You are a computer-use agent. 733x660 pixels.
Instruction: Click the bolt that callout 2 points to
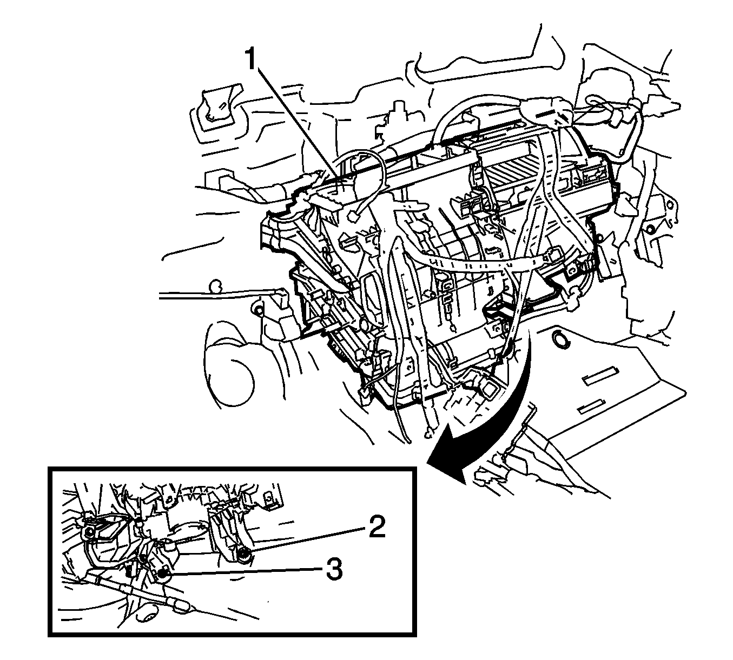pyautogui.click(x=243, y=554)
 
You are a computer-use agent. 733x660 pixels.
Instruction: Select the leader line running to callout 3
pyautogui.click(x=243, y=572)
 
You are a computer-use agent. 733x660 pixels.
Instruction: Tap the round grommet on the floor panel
pyautogui.click(x=558, y=340)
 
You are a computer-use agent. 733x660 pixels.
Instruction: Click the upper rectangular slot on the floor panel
pyautogui.click(x=600, y=377)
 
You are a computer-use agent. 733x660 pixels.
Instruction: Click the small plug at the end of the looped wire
pyautogui.click(x=355, y=218)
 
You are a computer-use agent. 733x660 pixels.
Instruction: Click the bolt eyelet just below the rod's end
pyautogui.click(x=257, y=310)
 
